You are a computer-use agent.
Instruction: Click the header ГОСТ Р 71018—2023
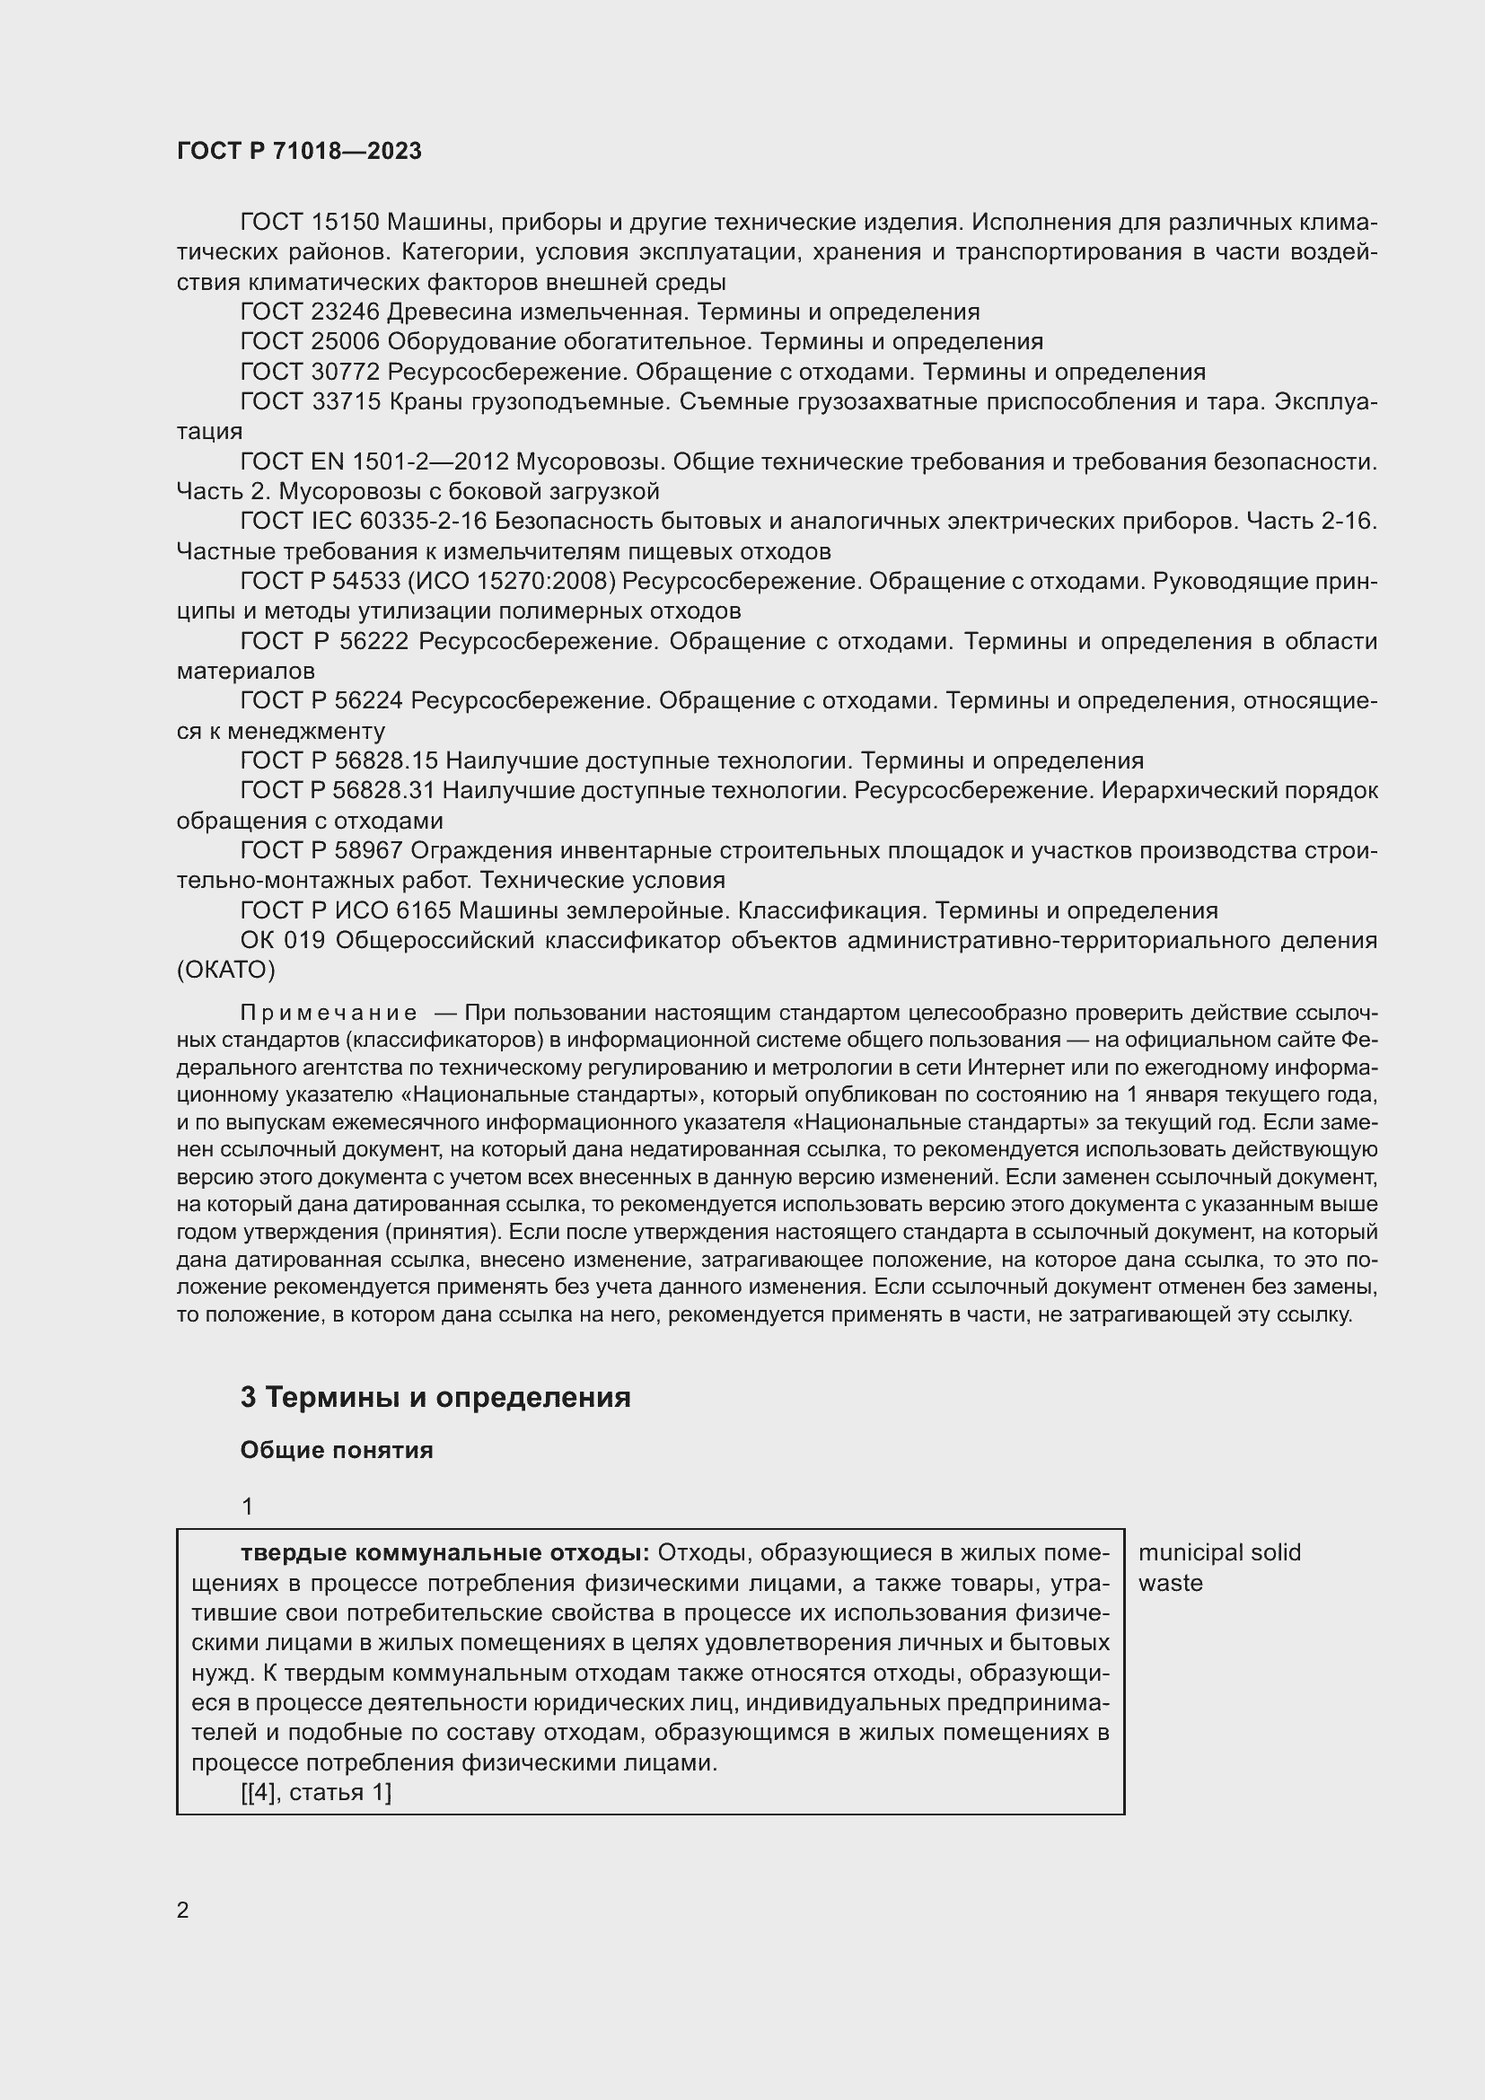[x=299, y=151]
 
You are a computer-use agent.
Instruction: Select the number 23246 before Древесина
[x=345, y=312]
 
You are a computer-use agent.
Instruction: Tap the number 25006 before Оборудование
[x=345, y=342]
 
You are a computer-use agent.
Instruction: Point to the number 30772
[x=345, y=373]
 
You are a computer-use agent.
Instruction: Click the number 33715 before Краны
[x=345, y=401]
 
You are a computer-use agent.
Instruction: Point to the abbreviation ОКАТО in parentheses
[x=226, y=970]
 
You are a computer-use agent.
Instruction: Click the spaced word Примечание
[x=329, y=1014]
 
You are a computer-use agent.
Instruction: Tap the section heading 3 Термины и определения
[x=435, y=1398]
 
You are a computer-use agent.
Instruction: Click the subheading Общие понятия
[x=337, y=1451]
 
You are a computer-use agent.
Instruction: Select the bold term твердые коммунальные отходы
[x=444, y=1553]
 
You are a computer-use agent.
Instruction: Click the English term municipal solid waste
[x=1218, y=1568]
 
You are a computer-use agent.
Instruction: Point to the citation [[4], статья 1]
[x=316, y=1793]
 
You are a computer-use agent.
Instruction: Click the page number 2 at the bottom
[x=183, y=1910]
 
